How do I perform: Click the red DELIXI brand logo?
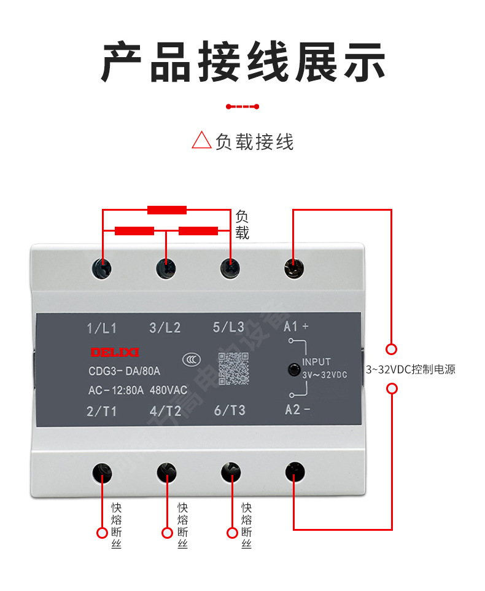[115, 353]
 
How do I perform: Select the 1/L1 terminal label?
[102, 328]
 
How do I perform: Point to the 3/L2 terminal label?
[165, 328]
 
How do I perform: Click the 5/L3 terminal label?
[228, 327]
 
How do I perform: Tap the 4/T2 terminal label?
[165, 411]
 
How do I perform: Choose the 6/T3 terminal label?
[230, 410]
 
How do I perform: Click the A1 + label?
[297, 326]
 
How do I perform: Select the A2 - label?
[298, 410]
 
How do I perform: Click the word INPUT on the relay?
[316, 362]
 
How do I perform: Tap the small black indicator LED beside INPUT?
[294, 370]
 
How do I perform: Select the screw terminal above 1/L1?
[103, 268]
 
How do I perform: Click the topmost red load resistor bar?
[167, 210]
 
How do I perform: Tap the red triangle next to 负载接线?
[201, 141]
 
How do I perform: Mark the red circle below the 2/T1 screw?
[103, 533]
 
